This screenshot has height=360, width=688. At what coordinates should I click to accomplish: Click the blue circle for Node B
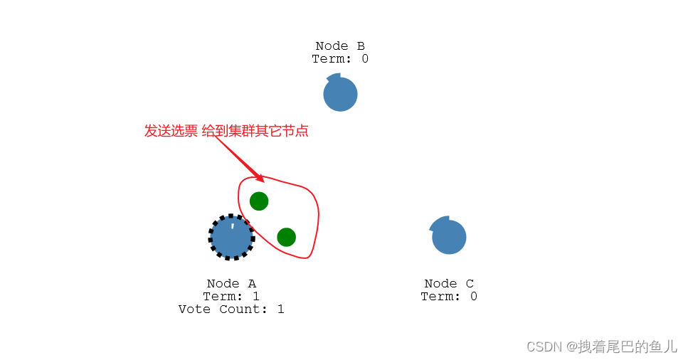tap(340, 95)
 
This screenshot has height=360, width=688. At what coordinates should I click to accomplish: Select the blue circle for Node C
tap(449, 238)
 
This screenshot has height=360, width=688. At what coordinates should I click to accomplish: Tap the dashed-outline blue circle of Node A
tap(231, 238)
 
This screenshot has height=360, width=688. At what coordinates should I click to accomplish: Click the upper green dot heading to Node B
tap(259, 201)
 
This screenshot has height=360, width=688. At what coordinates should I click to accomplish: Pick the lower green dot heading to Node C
tap(286, 237)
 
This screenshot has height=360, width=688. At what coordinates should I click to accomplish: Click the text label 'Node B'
tap(340, 46)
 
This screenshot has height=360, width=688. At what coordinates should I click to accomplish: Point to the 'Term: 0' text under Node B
tap(340, 59)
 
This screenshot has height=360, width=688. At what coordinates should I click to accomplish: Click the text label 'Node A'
tap(231, 284)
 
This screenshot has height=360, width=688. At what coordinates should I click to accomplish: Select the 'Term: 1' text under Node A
tap(231, 297)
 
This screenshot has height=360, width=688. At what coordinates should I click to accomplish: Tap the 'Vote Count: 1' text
tap(231, 309)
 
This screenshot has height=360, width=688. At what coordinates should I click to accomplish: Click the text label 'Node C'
tap(449, 284)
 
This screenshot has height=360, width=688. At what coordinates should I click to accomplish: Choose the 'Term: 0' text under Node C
tap(449, 297)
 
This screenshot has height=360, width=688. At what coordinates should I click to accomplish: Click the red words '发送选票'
tap(171, 131)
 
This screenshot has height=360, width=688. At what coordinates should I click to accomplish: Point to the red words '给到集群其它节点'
tap(255, 131)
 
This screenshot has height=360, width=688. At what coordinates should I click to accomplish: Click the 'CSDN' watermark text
tap(544, 346)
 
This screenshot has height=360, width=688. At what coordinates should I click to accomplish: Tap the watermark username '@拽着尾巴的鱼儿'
tap(622, 346)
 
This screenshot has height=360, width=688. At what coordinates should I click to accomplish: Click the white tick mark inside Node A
tap(232, 226)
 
